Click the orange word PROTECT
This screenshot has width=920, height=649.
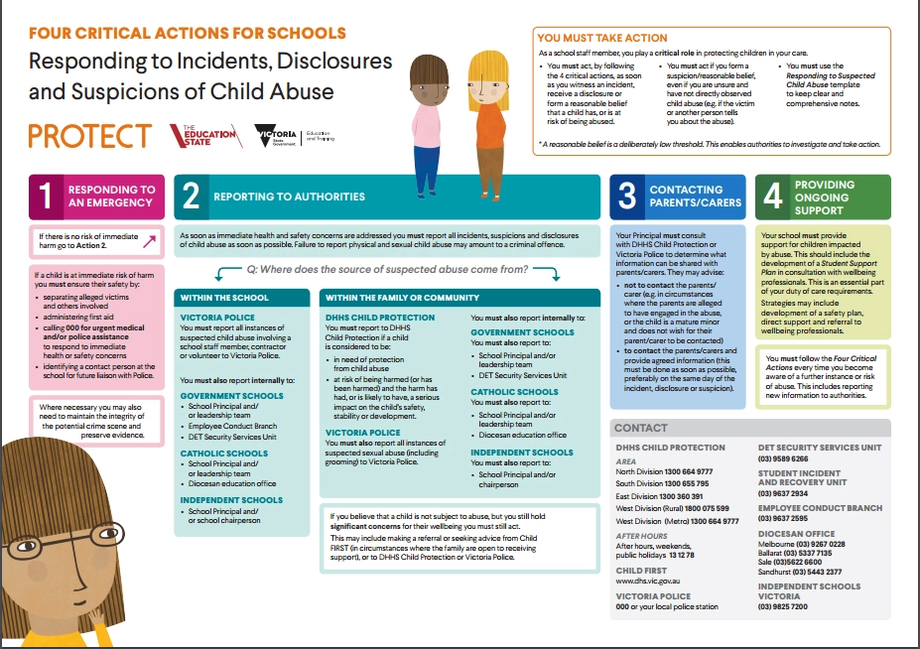coord(89,136)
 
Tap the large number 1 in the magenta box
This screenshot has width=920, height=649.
coord(45,197)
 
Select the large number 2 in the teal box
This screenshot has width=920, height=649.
coord(191,196)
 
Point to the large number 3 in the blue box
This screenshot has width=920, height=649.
coord(626,196)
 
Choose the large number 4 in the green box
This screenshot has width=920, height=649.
coord(772,196)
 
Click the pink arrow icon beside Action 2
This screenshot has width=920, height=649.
coord(150,239)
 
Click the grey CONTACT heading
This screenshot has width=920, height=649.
coord(641,428)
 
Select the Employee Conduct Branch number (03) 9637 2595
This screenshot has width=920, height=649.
coord(783,518)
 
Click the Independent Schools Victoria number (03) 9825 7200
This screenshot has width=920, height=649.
coord(783,605)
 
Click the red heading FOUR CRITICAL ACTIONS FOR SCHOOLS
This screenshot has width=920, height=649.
coord(188,33)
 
